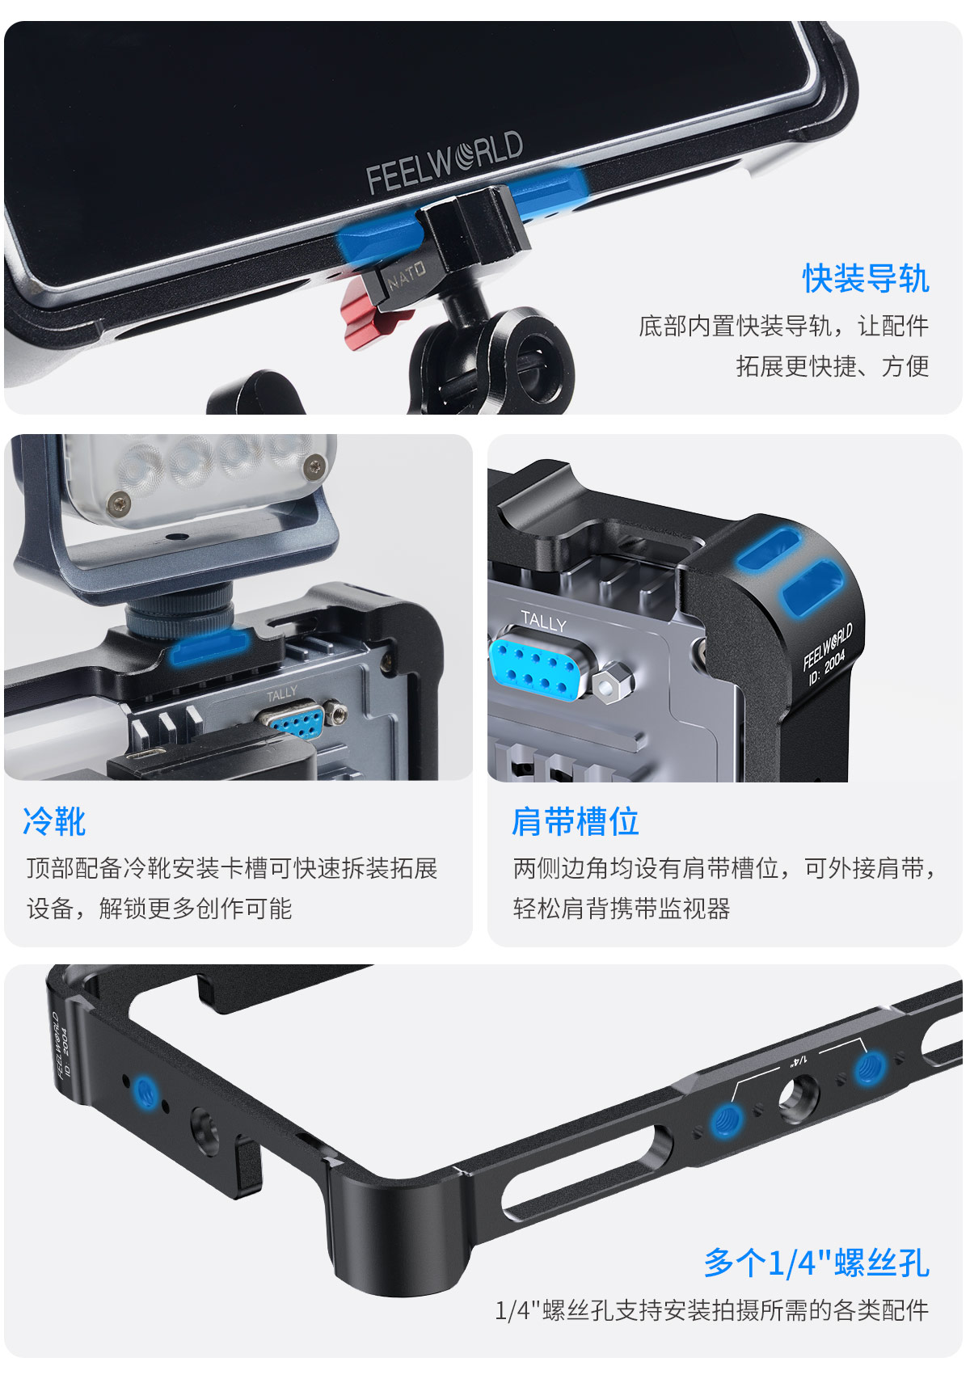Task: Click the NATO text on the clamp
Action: (x=407, y=275)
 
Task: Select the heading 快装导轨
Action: (x=865, y=279)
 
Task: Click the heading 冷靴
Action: (x=54, y=822)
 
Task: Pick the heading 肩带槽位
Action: (x=575, y=822)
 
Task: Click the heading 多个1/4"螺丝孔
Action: (x=816, y=1263)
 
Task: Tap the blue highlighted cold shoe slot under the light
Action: (x=209, y=647)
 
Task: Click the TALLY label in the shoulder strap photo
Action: (x=543, y=622)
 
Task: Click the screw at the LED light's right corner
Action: (x=314, y=466)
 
